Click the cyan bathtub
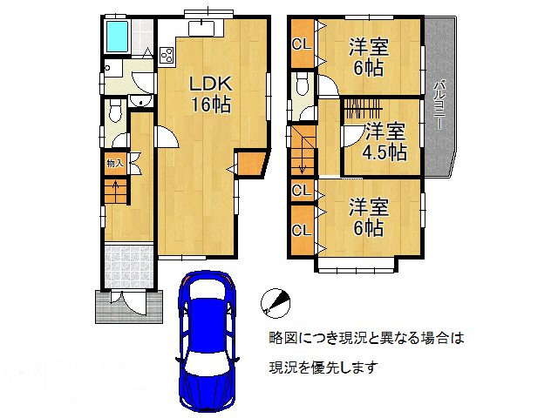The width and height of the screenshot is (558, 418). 116,37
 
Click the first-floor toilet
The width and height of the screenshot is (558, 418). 114,111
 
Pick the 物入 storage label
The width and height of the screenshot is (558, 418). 114,163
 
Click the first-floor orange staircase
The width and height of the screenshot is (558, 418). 114,192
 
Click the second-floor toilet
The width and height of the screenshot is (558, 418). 303,86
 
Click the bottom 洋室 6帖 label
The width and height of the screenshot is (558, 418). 368,217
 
